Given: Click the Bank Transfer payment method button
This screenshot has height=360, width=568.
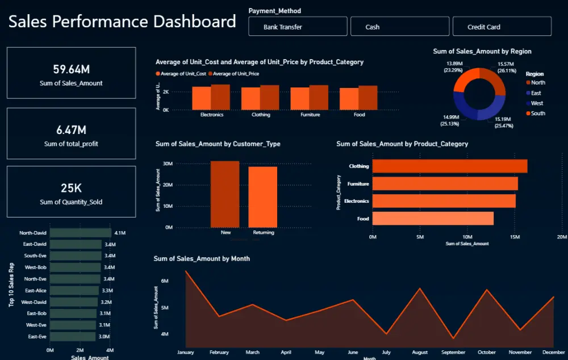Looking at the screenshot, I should [297, 27].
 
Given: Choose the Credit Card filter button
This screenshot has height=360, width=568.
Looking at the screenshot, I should [502, 27].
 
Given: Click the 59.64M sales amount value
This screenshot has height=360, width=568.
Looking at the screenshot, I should [71, 69].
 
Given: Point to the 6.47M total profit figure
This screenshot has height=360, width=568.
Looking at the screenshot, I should [71, 130].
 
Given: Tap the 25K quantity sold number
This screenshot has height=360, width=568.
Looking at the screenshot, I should [71, 189].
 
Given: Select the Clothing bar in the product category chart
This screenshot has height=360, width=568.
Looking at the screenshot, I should [449, 166].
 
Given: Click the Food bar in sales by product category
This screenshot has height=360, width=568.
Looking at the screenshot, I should [432, 219].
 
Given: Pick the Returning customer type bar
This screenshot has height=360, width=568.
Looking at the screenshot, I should [263, 196].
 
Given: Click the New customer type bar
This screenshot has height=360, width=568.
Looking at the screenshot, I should [225, 194].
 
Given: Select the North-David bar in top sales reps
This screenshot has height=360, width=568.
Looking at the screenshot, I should [80, 233].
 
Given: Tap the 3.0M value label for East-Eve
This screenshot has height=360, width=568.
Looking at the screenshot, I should [104, 337].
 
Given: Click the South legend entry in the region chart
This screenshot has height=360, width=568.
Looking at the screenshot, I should [537, 114].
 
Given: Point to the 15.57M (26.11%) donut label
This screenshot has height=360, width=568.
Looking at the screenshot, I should [506, 67].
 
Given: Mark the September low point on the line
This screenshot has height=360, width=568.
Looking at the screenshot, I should [453, 338].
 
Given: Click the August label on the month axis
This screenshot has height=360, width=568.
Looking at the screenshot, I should [420, 353].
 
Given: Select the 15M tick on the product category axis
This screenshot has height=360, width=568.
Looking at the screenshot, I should [514, 237].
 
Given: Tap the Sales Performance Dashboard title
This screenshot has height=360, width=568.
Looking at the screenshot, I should [122, 22].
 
